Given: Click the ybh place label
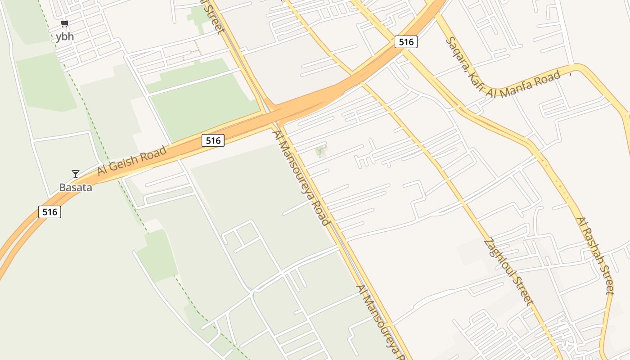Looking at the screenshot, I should point(65,37).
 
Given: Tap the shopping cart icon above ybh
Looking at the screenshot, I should point(65,23).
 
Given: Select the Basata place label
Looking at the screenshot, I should point(76,187).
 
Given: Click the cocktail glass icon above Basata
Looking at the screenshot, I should point(76,174).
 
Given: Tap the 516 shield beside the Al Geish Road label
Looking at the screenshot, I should point(213,140).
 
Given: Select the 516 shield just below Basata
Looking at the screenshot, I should point(49,211).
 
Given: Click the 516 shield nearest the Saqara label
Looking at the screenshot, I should point(406,42).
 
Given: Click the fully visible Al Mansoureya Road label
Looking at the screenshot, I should point(301,178).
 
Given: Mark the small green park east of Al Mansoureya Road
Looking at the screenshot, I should point(321,151).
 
